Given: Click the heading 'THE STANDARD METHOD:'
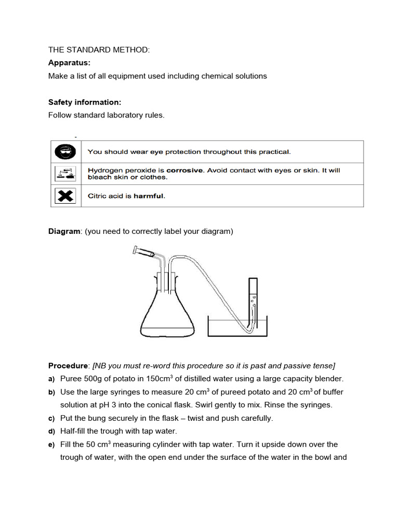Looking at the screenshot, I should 99,50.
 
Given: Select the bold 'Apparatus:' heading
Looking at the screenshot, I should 69,63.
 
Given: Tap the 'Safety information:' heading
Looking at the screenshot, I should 85,102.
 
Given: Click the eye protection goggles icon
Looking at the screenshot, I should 65,152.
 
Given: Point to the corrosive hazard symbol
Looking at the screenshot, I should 65,174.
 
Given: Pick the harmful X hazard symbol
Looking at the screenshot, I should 65,196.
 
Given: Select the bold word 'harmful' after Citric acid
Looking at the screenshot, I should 149,196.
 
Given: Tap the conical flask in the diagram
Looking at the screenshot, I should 167,312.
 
